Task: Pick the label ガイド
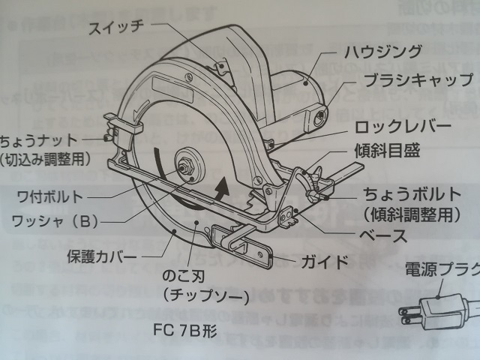[324, 262]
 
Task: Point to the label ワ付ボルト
[52, 197]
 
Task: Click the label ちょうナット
[37, 139]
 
